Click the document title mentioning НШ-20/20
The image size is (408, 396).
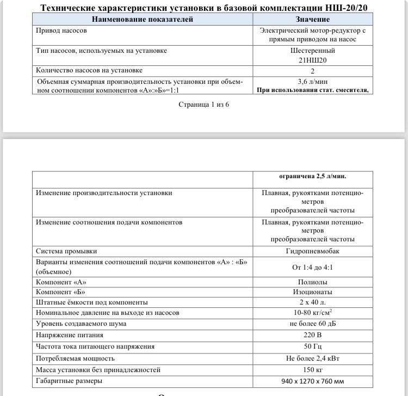coord(204,8)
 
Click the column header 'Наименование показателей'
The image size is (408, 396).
coord(143,20)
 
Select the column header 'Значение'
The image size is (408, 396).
coord(312,20)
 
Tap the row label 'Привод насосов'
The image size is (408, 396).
coord(61,31)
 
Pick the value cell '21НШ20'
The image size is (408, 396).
coord(312,60)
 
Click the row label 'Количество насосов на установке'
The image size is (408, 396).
coord(89,70)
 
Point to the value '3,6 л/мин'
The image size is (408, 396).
coord(312,81)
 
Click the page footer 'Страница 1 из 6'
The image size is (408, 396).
coord(204,104)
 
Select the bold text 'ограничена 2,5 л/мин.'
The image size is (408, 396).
coord(312,176)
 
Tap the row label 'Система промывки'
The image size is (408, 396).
coord(66,251)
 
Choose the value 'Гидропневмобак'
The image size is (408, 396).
coord(312,251)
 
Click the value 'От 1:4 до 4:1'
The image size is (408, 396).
coord(312,267)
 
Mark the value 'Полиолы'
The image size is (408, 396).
coord(312,282)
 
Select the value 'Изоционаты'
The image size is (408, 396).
coord(312,292)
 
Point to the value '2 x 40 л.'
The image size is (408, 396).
coord(312,302)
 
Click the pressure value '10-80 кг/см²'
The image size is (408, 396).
coord(312,313)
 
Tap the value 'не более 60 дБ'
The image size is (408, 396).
coord(312,324)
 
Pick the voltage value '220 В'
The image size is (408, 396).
coord(312,336)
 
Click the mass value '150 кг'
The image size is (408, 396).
coord(312,370)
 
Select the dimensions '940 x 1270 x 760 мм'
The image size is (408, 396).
coord(312,381)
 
